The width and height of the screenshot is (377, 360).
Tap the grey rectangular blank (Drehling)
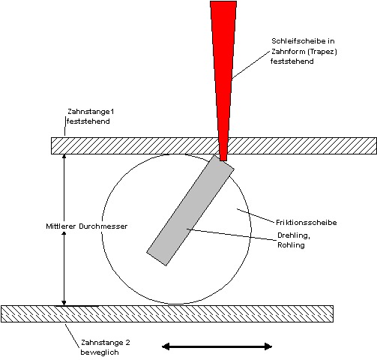click(190, 210)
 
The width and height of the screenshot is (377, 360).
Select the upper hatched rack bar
click(214, 145)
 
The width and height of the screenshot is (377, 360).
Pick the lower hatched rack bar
click(167, 313)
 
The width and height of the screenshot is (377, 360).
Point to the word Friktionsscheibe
click(307, 223)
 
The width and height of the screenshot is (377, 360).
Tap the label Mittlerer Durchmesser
click(87, 226)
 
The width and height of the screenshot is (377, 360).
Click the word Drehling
click(294, 235)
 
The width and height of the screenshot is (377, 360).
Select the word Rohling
click(291, 245)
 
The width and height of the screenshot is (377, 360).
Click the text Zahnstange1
click(91, 112)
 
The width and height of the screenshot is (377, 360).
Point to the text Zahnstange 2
click(106, 343)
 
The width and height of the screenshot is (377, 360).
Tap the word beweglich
click(100, 352)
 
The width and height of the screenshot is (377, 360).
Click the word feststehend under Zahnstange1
click(88, 121)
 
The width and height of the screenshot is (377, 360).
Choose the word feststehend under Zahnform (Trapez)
click(292, 61)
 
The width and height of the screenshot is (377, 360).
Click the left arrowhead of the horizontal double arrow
click(166, 346)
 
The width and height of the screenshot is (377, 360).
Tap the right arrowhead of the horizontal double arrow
click(268, 346)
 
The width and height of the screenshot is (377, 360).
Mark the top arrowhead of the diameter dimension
click(64, 156)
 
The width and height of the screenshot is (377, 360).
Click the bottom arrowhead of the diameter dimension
click(64, 303)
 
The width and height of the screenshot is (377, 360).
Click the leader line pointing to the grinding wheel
click(251, 65)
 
